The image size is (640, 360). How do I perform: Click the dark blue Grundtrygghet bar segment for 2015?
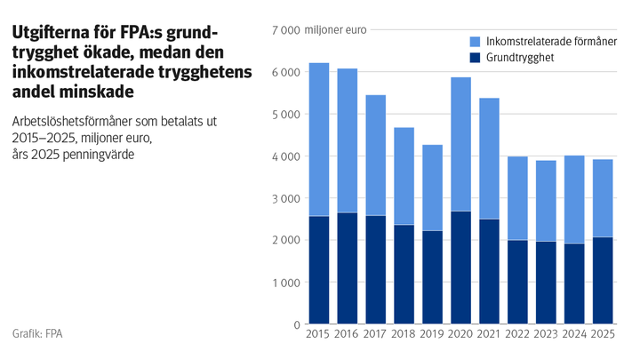(319, 270)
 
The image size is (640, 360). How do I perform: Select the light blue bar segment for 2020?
(460, 144)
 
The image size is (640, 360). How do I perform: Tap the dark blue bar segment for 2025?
(603, 280)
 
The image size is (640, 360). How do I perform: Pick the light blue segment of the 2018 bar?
(404, 176)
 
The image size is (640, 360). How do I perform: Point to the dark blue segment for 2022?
(517, 282)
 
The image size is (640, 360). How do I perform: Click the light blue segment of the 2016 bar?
(348, 140)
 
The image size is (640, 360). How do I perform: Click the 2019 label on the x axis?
(432, 334)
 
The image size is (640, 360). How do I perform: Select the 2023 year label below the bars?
(546, 334)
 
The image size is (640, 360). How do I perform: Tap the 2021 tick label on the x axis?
(489, 334)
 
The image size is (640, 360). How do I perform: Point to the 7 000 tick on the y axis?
(285, 30)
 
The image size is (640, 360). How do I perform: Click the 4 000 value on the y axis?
(285, 156)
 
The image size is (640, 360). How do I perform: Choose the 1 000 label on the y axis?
(285, 283)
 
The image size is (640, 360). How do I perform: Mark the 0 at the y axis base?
(297, 325)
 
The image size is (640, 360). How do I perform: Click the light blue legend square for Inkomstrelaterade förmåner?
(475, 42)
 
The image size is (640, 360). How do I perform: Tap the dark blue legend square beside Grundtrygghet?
(475, 58)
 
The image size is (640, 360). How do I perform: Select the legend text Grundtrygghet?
(520, 58)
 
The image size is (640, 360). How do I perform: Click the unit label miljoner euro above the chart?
(335, 30)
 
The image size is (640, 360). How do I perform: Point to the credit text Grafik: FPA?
(37, 333)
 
